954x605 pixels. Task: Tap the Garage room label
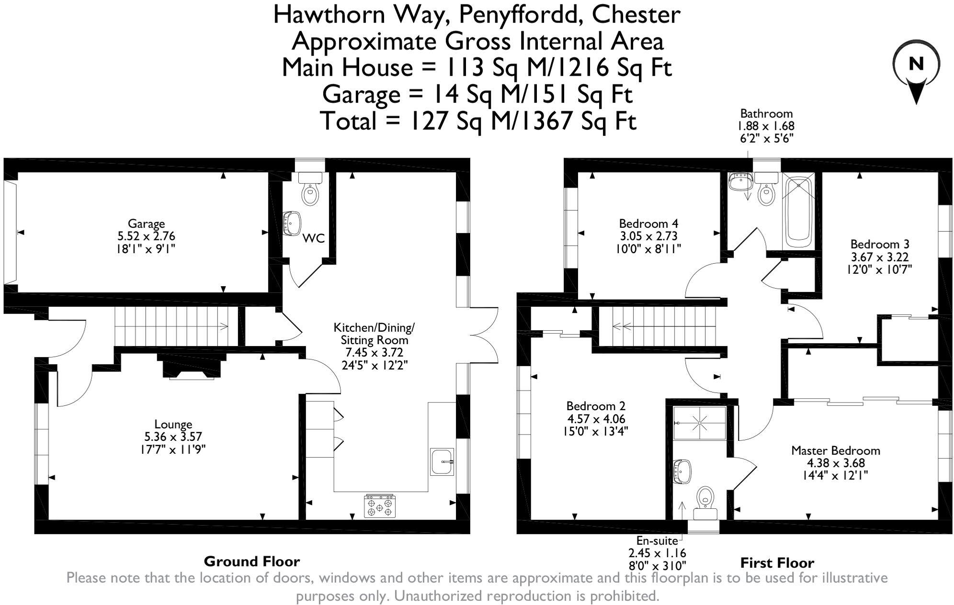146,224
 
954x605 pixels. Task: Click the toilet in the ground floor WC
310,194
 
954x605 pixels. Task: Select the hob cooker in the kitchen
380,506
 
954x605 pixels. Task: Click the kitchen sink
442,462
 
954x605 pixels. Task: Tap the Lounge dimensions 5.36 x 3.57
173,437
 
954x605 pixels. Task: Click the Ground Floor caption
251,561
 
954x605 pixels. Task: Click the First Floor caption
777,562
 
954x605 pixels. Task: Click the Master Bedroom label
835,450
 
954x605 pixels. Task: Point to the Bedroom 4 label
648,224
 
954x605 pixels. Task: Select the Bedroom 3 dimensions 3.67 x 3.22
879,257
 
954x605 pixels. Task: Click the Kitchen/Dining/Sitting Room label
374,334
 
